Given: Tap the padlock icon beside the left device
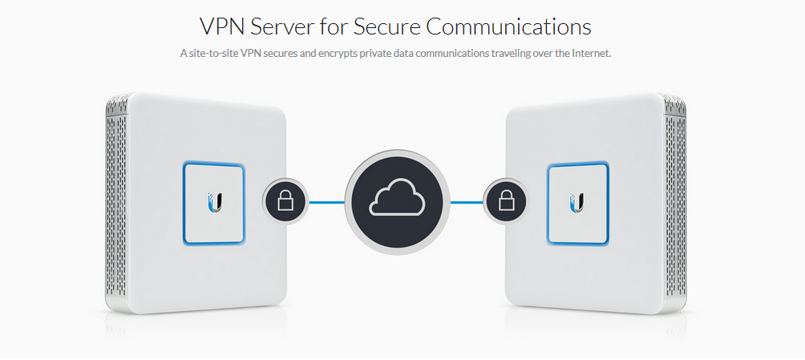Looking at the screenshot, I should [x=285, y=200].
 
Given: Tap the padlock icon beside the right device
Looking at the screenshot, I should [x=507, y=200].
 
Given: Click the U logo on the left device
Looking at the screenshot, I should [x=214, y=200].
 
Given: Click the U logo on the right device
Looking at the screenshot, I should [x=577, y=200].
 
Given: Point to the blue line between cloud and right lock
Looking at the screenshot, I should [x=467, y=201].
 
